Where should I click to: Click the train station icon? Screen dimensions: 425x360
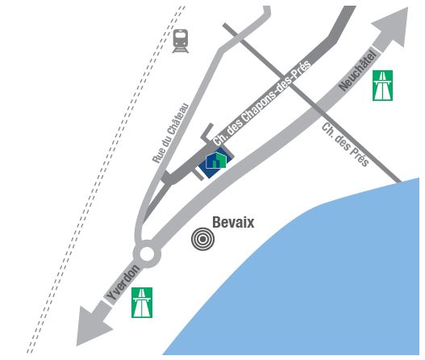pyautogui.click(x=181, y=41)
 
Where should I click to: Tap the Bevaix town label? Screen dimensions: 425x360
pyautogui.click(x=233, y=223)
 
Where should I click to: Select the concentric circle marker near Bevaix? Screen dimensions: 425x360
pyautogui.click(x=202, y=239)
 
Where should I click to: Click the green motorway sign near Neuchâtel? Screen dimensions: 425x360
pyautogui.click(x=382, y=86)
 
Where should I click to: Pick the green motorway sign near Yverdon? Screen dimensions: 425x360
pyautogui.click(x=142, y=303)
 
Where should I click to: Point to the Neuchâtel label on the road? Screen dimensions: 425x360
pyautogui.click(x=358, y=71)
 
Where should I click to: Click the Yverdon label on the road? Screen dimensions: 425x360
pyautogui.click(x=123, y=283)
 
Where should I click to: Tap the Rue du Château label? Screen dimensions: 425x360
pyautogui.click(x=170, y=133)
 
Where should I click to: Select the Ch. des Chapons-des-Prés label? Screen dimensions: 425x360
pyautogui.click(x=262, y=103)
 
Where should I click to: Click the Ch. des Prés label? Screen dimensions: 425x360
pyautogui.click(x=345, y=144)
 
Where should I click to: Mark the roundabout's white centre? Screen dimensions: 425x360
pyautogui.click(x=147, y=254)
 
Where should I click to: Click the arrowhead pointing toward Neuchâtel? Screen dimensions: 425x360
pyautogui.click(x=393, y=27)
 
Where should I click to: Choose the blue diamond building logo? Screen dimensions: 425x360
pyautogui.click(x=216, y=162)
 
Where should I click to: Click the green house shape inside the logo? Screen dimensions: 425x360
pyautogui.click(x=219, y=160)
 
